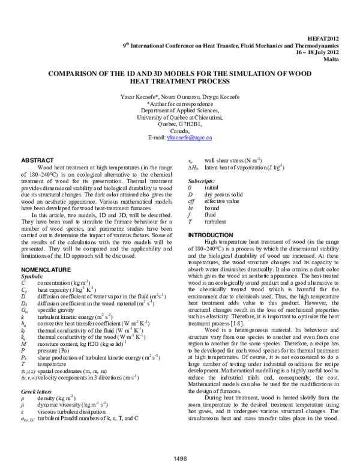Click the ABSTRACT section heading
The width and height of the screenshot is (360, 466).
point(36,161)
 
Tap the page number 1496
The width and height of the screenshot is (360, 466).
point(180,459)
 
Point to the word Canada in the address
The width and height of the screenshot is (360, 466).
point(180,131)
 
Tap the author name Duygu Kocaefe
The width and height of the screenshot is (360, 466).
point(215,97)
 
